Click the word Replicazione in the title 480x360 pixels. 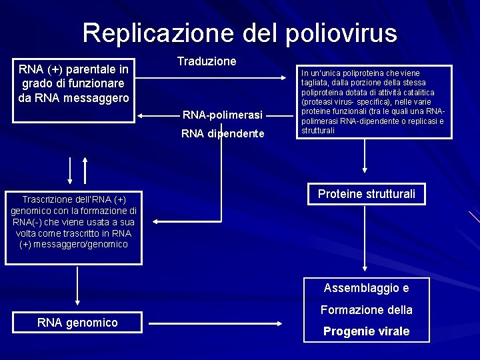pos(137,33)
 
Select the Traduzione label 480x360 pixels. pos(207,61)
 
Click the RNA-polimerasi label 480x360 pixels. pos(223,115)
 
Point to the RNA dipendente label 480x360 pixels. pos(223,134)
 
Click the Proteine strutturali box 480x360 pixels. pos(366,194)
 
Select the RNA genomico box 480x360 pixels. pos(77,323)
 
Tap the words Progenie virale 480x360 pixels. pos(366,331)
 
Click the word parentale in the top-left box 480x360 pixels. pos(89,69)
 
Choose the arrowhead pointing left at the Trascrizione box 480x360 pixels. pos(149,221)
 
